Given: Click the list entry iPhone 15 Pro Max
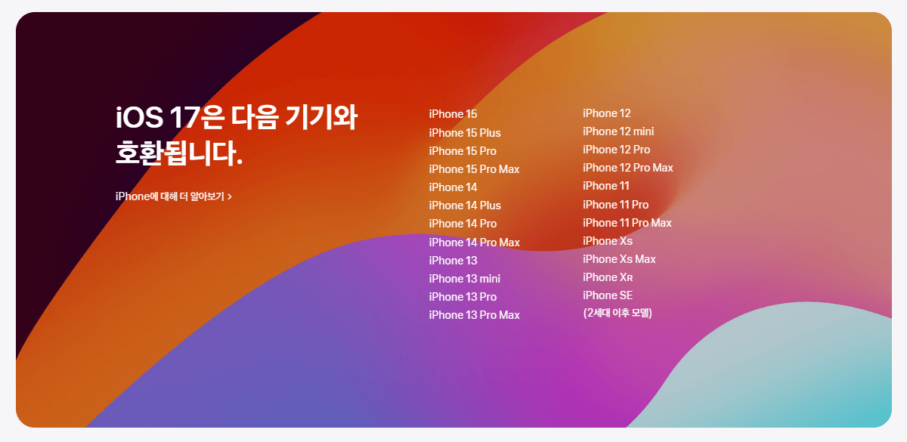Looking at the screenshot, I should click(x=474, y=169).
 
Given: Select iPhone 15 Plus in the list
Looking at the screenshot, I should click(x=464, y=133).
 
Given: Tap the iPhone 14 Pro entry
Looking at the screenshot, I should click(x=463, y=224).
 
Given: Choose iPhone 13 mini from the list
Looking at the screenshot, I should click(x=464, y=279).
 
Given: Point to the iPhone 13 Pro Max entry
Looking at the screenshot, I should click(x=474, y=315).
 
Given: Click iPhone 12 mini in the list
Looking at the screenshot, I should click(x=618, y=131).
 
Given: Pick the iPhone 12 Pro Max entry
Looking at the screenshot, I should click(x=627, y=168).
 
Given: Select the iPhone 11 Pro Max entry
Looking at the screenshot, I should click(x=627, y=223).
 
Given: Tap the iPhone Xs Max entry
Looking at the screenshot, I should click(x=619, y=259).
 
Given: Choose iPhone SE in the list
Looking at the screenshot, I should click(x=608, y=295).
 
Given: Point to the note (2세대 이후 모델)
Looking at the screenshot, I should click(x=618, y=313).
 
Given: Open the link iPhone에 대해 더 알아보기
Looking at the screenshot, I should click(x=170, y=196).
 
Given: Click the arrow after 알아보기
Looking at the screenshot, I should click(x=230, y=196).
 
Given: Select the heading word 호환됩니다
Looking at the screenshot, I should click(x=178, y=155).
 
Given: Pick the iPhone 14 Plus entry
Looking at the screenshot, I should click(x=464, y=206).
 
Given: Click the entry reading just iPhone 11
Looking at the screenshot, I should click(x=605, y=186).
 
